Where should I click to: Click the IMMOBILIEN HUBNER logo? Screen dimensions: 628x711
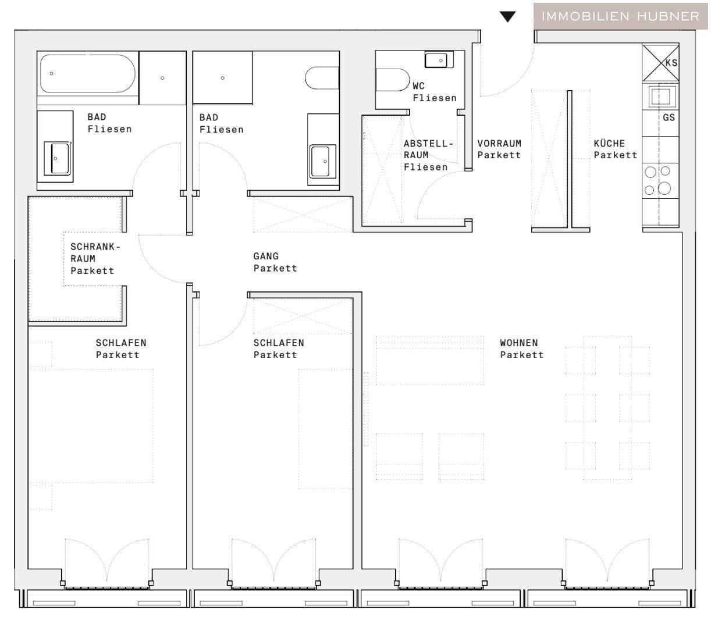620,16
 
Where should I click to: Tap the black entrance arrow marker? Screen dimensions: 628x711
507,17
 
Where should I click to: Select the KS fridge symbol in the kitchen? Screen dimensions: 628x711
660,62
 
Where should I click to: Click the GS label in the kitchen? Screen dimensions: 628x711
669,117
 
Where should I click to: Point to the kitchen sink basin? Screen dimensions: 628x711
660,95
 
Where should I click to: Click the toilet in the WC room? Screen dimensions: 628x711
393,80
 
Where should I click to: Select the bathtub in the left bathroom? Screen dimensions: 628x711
87,74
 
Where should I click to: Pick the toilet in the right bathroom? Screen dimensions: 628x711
322,78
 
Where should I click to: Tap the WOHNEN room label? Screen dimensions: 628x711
519,342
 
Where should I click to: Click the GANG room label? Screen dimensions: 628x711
266,256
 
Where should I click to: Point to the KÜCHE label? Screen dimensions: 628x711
609,143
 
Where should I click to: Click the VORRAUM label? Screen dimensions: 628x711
499,143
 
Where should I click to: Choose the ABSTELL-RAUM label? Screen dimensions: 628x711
427,149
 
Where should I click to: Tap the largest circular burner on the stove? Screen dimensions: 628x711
664,188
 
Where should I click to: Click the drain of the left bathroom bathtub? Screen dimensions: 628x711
52,73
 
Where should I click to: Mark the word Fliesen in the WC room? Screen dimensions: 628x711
435,98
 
